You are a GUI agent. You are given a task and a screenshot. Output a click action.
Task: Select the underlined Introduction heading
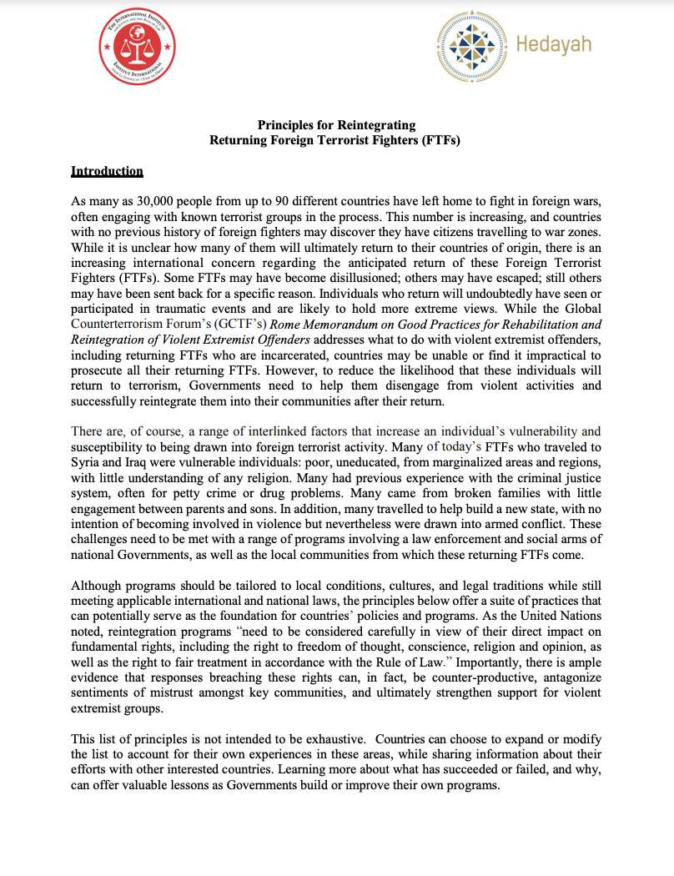[x=107, y=171]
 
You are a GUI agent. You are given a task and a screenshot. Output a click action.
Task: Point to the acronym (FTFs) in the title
[x=442, y=140]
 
